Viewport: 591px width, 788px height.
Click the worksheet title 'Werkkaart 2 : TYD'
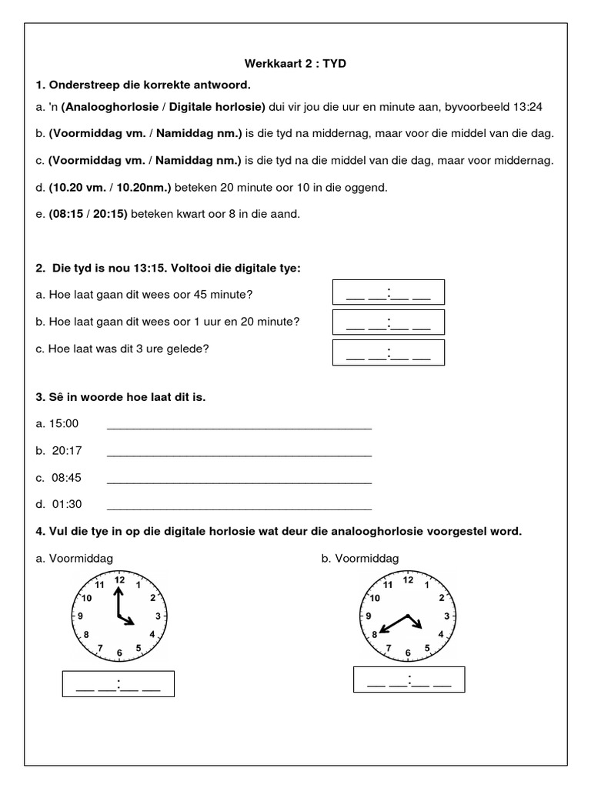[295, 63]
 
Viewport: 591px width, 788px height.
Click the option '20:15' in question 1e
[109, 213]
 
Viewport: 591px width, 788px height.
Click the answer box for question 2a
[388, 293]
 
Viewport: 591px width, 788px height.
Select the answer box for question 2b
[388, 322]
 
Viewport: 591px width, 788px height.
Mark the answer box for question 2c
[388, 352]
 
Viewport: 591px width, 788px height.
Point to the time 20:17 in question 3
[67, 451]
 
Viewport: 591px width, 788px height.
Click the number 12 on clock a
[119, 580]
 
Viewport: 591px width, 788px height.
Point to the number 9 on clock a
[81, 616]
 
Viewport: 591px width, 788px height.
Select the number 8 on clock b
[375, 635]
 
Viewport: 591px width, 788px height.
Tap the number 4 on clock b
[440, 634]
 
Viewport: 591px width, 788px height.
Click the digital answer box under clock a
[119, 684]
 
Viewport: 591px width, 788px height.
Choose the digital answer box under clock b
[409, 679]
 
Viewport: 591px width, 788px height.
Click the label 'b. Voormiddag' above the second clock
[360, 559]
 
